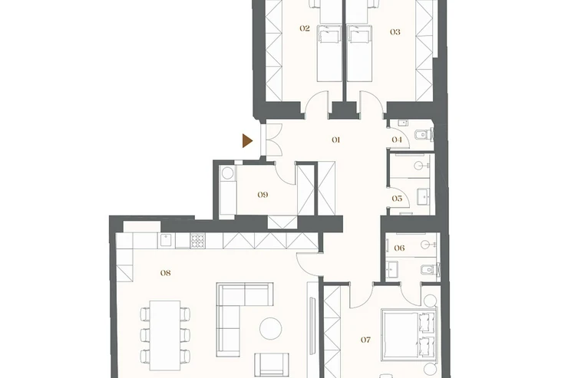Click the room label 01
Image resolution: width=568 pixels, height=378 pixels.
click(x=335, y=140)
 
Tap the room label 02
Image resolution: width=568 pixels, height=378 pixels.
click(x=305, y=28)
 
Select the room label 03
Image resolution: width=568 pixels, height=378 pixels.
click(x=395, y=32)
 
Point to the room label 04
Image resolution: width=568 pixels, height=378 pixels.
click(x=397, y=140)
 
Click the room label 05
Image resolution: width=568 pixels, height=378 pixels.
click(x=397, y=199)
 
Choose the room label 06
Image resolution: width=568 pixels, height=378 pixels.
click(x=399, y=248)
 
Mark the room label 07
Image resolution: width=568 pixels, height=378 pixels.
click(x=366, y=340)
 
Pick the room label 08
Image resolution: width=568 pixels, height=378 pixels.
click(x=166, y=273)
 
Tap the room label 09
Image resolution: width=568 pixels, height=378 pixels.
click(x=263, y=195)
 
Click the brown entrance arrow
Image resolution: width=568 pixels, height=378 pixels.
click(x=247, y=141)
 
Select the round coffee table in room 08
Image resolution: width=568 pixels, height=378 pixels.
click(x=271, y=328)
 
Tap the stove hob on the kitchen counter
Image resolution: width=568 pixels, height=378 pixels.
click(x=197, y=241)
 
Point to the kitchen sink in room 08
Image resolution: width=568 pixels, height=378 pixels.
click(x=167, y=241)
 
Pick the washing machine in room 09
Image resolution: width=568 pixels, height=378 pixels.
click(x=227, y=173)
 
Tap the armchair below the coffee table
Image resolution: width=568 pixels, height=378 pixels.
click(x=272, y=365)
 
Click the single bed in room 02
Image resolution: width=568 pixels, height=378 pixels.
click(x=329, y=53)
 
